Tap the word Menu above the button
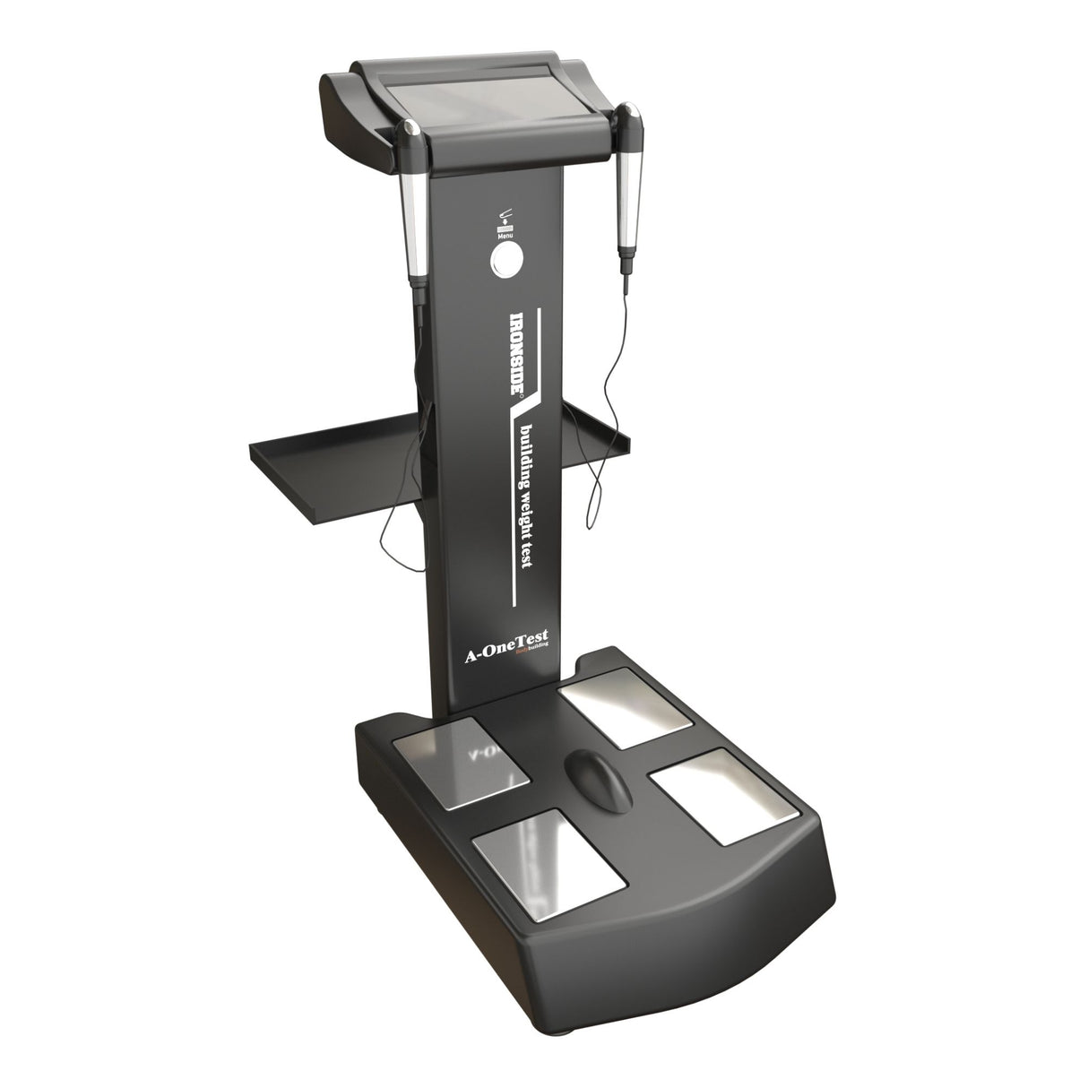[x=505, y=237]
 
